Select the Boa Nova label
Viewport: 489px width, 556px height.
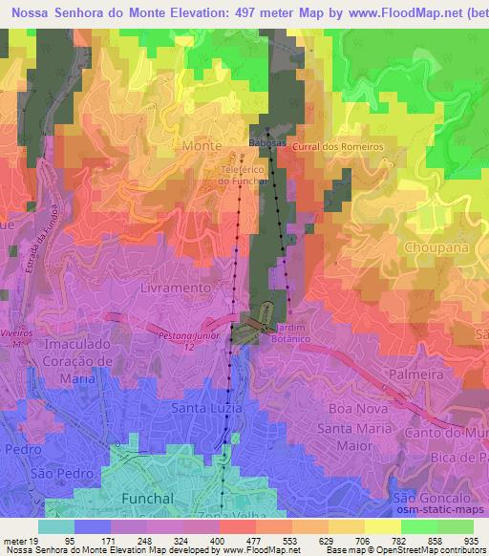[354, 409]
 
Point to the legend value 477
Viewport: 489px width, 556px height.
[254, 542]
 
